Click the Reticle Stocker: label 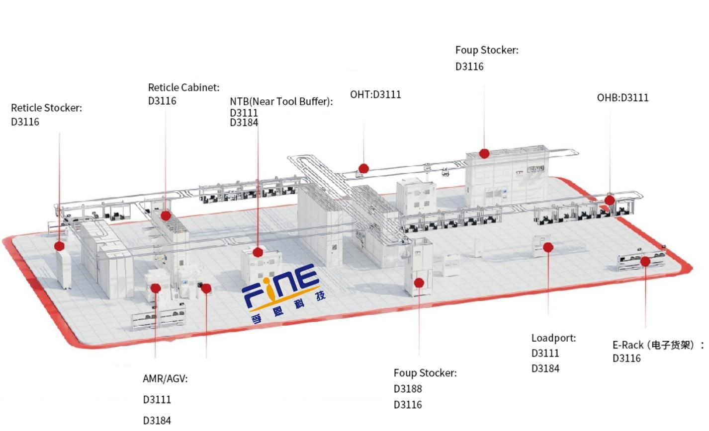pos(47,108)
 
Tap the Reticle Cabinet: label pos(183,87)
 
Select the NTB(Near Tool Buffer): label pos(281,101)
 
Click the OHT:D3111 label pos(375,94)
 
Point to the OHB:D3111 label pos(622,98)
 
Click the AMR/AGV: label pos(165,378)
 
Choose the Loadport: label pos(553,338)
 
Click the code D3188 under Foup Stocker pos(408,389)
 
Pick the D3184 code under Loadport pos(545,368)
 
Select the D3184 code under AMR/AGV pos(157,421)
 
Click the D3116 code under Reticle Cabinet pos(162,101)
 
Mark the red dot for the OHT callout pos(363,168)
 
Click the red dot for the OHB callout pos(610,200)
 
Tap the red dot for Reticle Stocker pos(59,246)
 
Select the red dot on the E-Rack pos(645,262)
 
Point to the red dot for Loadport pos(548,247)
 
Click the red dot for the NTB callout pos(258,252)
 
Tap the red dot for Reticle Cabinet pos(166,215)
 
